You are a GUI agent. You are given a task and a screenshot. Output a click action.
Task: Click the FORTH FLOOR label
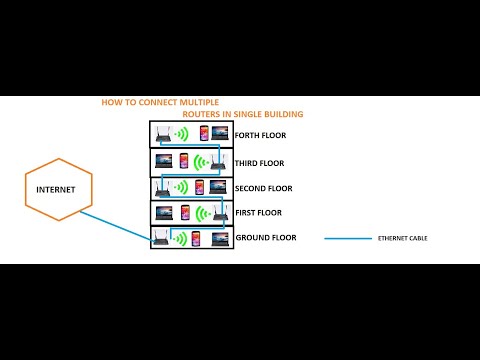(x=260, y=135)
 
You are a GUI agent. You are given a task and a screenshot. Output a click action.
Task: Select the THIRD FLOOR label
(x=260, y=161)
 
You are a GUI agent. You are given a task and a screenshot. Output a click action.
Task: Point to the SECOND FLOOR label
(x=264, y=188)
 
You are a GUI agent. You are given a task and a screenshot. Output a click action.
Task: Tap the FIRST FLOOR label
(x=258, y=212)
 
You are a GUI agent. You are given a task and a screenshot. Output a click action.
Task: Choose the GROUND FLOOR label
(x=265, y=238)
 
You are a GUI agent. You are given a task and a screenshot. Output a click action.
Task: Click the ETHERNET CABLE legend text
(x=402, y=239)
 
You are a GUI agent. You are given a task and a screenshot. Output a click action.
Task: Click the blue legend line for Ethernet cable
(x=346, y=239)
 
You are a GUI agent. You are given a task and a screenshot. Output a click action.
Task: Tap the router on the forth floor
(x=163, y=133)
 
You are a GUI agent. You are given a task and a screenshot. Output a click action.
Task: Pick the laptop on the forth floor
(x=220, y=133)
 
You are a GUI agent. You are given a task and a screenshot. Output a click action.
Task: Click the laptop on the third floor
(x=163, y=160)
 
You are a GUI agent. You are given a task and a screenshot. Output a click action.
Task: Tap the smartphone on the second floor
(x=200, y=187)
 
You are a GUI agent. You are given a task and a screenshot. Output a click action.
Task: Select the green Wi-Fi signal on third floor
(x=201, y=160)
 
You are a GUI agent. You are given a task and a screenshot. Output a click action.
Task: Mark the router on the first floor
(x=218, y=211)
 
